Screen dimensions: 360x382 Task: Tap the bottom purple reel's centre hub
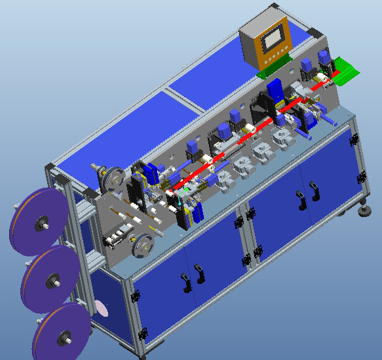tap(66, 338)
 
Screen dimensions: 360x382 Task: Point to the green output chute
tap(347, 69)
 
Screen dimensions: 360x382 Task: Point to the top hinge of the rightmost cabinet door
tap(354, 140)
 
